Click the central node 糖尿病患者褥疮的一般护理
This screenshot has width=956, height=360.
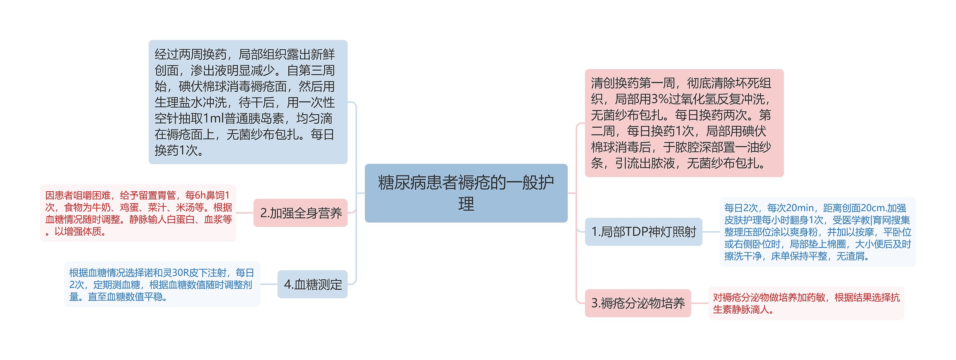[466, 193]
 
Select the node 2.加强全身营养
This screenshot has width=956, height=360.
[300, 213]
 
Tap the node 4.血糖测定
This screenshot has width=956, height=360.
[313, 284]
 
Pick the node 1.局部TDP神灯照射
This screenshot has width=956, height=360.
[643, 232]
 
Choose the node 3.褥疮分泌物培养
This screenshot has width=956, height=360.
[637, 303]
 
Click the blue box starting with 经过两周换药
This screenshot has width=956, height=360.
[248, 102]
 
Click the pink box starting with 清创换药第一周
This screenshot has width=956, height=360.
[684, 123]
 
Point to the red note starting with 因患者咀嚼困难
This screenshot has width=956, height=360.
[138, 213]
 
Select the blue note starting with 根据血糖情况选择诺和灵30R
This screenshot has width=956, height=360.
[162, 284]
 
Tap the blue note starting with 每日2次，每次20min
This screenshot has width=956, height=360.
[817, 232]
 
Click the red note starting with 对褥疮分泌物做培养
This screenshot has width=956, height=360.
[806, 303]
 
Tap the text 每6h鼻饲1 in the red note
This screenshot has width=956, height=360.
[207, 195]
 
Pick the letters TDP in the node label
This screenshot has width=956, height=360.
[635, 232]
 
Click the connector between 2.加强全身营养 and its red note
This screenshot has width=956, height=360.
[245, 213]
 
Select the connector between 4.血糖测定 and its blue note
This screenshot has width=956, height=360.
[269, 284]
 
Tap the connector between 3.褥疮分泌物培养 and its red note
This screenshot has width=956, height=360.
[699, 303]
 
